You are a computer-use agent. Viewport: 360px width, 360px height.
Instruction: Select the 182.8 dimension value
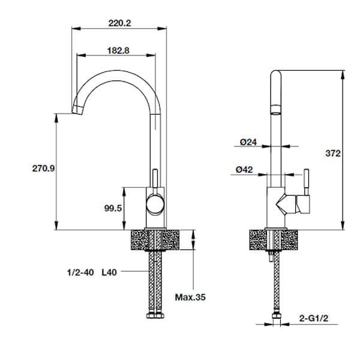tap(118, 50)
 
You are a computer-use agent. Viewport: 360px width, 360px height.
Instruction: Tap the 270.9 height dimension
tap(43, 169)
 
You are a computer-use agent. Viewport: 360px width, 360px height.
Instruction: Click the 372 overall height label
tap(333, 154)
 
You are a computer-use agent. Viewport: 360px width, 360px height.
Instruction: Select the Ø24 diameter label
tap(248, 142)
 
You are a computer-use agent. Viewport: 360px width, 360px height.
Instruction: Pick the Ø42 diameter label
tap(244, 170)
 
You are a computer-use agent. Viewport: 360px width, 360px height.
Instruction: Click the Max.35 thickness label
tap(190, 296)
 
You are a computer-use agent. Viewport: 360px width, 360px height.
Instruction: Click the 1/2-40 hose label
tap(80, 272)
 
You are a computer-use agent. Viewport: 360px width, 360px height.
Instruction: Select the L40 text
tap(109, 272)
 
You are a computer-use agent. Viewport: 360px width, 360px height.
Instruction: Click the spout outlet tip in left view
tap(77, 110)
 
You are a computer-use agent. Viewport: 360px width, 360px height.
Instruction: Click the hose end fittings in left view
tap(154, 316)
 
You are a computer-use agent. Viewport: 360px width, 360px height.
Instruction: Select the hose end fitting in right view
tap(276, 316)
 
